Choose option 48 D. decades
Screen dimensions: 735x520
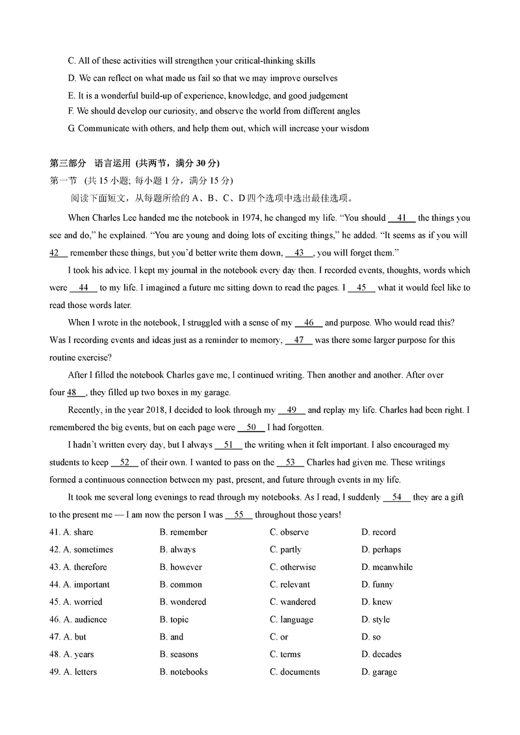[382, 654]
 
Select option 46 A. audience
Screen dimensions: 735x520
[85, 620]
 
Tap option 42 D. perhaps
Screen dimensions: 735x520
[381, 550]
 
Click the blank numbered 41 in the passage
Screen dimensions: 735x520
[401, 218]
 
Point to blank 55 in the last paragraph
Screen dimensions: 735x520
[238, 515]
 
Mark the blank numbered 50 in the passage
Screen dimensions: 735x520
[251, 428]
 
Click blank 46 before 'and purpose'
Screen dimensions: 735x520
[309, 323]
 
